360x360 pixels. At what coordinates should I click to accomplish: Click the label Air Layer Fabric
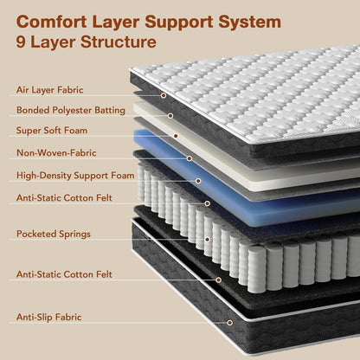(x=50, y=90)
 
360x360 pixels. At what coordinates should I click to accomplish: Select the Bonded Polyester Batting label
(x=71, y=110)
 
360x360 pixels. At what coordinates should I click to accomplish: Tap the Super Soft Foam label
(x=52, y=131)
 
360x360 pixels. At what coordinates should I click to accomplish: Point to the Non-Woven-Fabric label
(x=56, y=152)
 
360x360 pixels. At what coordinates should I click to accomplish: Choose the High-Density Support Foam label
(x=75, y=176)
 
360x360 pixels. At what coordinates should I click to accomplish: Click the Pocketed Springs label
(x=54, y=234)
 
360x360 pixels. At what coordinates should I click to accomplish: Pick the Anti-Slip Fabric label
(x=49, y=317)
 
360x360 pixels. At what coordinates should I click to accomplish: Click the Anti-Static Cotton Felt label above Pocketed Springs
(x=64, y=198)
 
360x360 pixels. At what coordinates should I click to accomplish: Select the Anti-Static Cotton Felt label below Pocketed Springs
(x=64, y=274)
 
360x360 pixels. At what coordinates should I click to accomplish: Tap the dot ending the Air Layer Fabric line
(x=164, y=95)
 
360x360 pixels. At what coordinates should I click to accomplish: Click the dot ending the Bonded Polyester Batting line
(x=170, y=116)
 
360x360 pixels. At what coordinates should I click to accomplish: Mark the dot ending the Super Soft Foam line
(x=176, y=136)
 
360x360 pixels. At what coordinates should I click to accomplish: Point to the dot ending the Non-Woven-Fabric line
(x=190, y=158)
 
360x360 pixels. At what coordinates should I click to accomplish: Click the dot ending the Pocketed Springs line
(x=207, y=240)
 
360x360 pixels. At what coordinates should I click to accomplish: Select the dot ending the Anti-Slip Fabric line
(x=230, y=323)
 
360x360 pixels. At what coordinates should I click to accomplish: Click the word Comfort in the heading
(x=52, y=22)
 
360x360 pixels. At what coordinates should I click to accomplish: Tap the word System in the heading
(x=249, y=22)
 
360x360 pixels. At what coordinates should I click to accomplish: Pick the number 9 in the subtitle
(x=21, y=42)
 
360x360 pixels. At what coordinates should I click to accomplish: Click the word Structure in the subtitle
(x=119, y=42)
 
